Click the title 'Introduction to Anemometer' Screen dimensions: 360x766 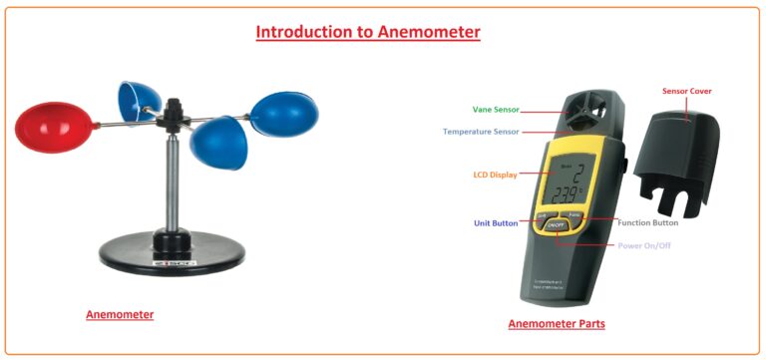click(368, 32)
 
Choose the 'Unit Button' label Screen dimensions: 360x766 click(495, 223)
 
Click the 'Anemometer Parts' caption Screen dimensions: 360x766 click(557, 324)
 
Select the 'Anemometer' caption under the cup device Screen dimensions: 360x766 click(120, 315)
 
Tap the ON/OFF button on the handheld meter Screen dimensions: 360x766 click(560, 225)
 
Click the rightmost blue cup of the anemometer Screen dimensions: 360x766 click(284, 113)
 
